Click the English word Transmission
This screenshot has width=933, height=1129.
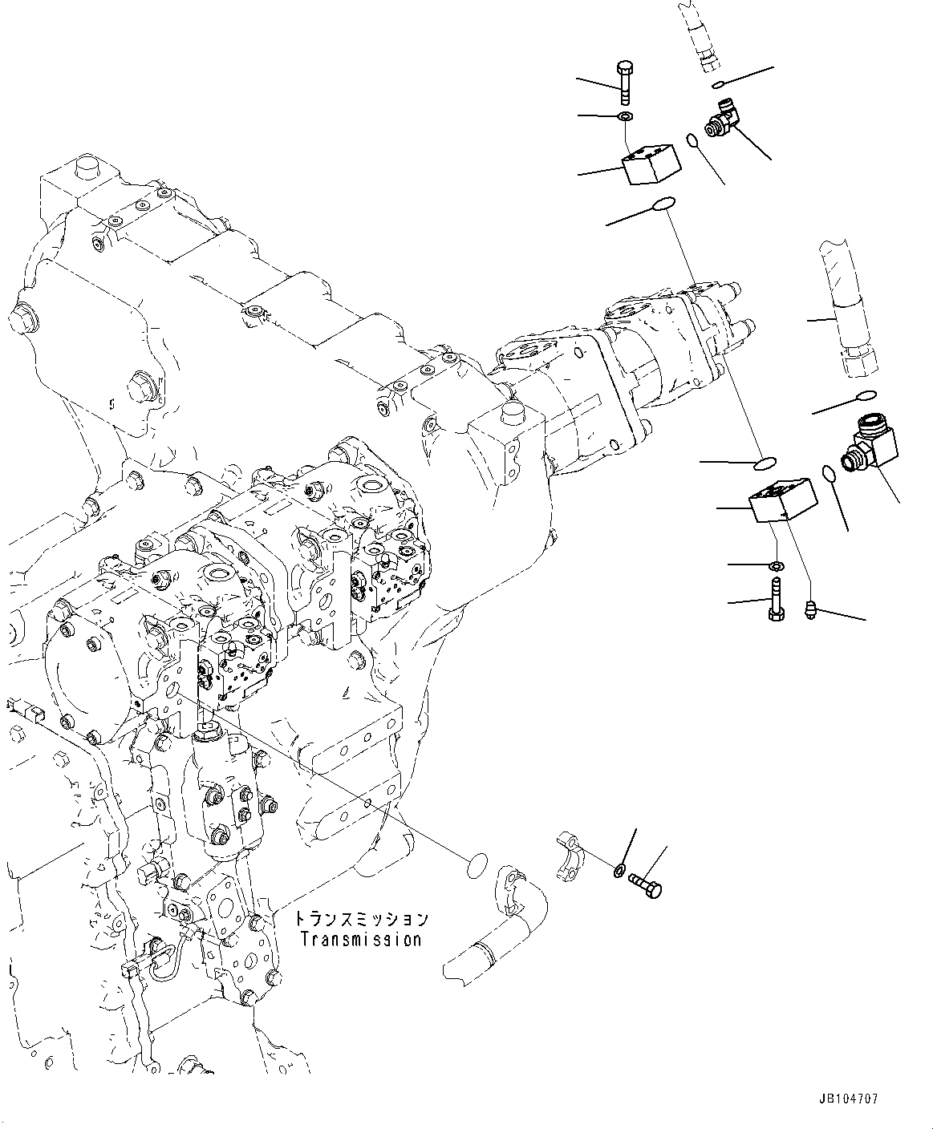pyautogui.click(x=360, y=939)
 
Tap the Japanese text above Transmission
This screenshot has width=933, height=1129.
pyautogui.click(x=360, y=919)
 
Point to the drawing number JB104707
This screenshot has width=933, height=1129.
pyautogui.click(x=848, y=1099)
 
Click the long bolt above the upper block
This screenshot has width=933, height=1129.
pyautogui.click(x=626, y=82)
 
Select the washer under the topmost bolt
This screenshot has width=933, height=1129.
pyautogui.click(x=625, y=119)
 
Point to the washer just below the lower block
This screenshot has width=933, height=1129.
pyautogui.click(x=775, y=567)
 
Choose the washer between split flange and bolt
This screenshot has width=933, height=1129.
pyautogui.click(x=619, y=871)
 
